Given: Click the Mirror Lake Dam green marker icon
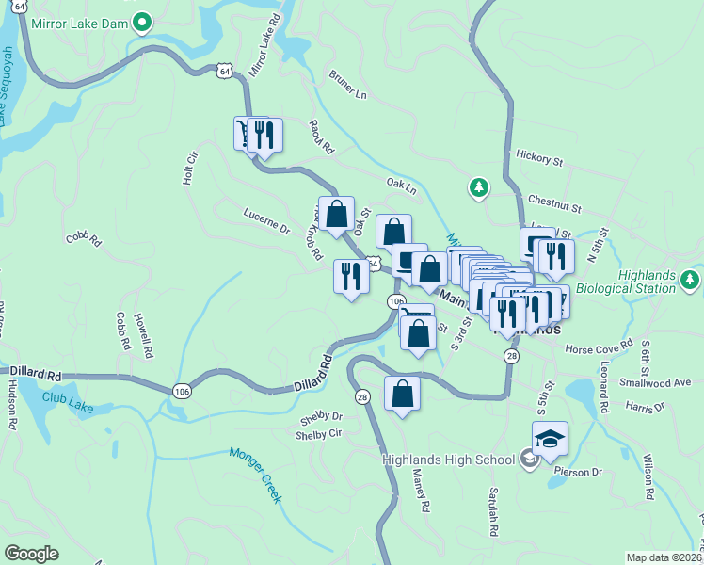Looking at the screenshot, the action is tap(142, 21).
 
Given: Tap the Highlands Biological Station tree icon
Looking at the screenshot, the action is tap(691, 280).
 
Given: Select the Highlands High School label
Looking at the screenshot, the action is tap(448, 459).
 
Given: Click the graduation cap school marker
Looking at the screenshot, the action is tap(550, 439).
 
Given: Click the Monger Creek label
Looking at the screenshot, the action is tap(255, 474).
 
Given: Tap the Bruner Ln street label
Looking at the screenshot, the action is tap(347, 84).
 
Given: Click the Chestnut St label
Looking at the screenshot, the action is tap(554, 202).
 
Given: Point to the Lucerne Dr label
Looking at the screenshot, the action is tap(266, 220).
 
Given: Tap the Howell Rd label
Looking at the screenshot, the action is tap(142, 336).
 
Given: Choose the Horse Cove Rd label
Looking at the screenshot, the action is tap(599, 349).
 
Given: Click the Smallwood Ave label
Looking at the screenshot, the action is tap(655, 382).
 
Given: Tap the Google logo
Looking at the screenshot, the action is tap(31, 553).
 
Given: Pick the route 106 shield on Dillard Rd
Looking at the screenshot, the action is tap(182, 390).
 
